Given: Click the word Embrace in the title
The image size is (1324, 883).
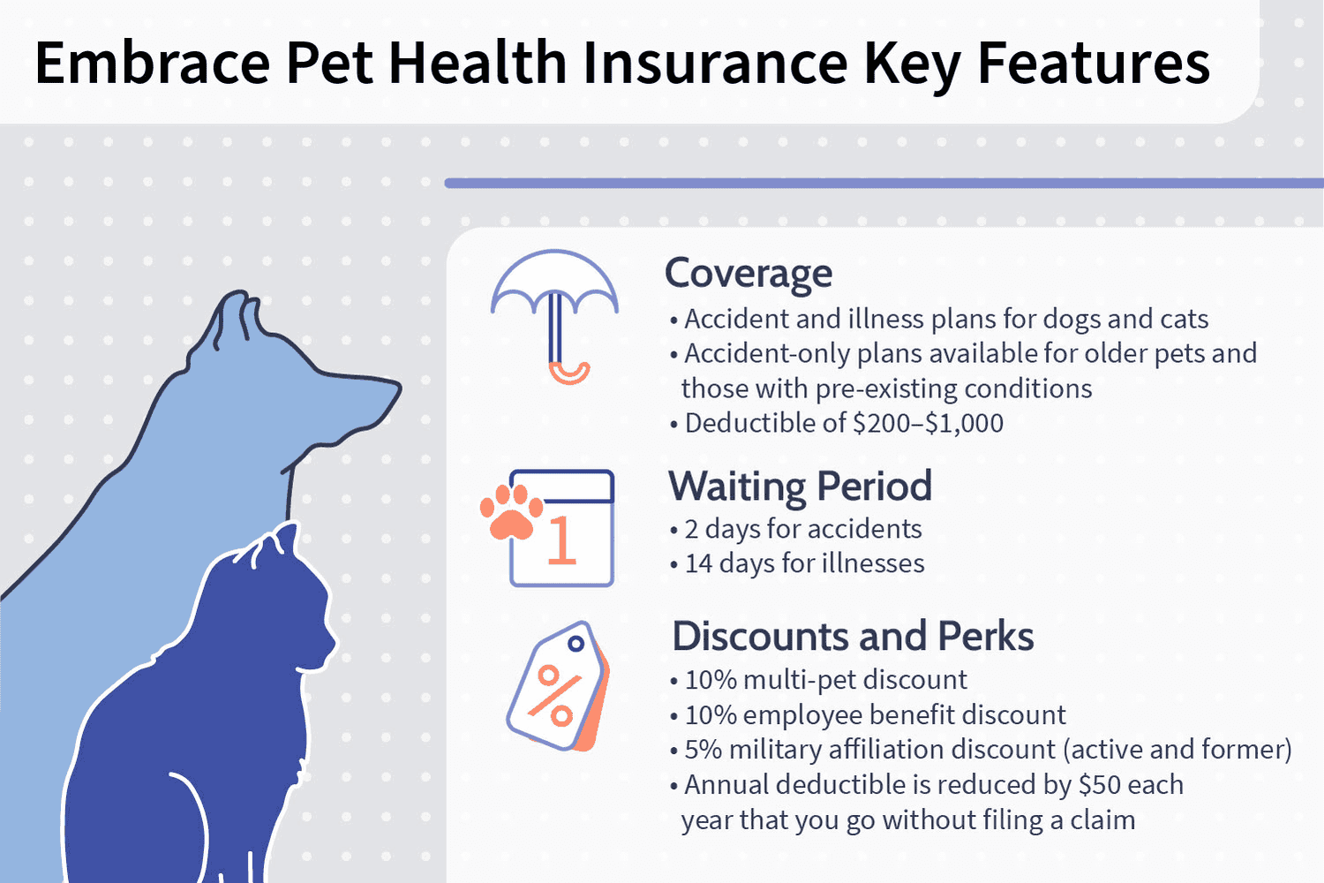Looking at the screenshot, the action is (153, 63).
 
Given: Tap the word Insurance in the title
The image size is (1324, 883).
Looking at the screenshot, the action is (716, 63).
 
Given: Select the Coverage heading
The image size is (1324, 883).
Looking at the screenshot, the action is (749, 273).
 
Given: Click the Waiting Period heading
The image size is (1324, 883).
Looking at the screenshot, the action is (800, 487).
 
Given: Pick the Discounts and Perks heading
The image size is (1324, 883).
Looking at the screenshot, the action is (853, 637).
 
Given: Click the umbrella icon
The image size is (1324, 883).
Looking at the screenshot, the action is (554, 316).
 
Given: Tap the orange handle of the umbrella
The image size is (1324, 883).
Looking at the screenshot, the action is (568, 374).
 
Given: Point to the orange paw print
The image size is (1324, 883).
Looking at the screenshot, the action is (511, 512).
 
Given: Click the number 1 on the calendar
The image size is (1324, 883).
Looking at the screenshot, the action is (560, 540).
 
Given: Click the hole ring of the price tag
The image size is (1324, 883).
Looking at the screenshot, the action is (575, 644).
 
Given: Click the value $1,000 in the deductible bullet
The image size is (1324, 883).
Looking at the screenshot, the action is (964, 424).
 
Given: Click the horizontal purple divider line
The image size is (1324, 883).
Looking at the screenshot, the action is (884, 184).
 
